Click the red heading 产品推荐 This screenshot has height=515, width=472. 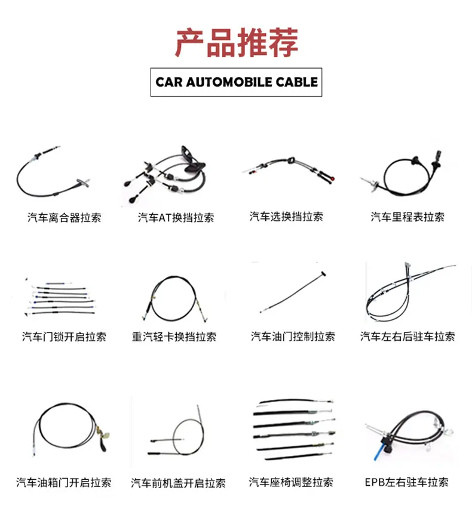click(236, 43)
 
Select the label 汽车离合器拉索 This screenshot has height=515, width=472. click(64, 217)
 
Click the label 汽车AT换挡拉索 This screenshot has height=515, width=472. click(176, 217)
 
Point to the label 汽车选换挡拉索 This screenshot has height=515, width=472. click(286, 217)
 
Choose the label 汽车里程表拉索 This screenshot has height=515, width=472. click(407, 217)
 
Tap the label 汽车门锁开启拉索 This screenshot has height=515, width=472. click(64, 337)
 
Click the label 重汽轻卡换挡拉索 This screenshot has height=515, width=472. click(174, 337)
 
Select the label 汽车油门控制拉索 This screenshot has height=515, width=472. click(293, 337)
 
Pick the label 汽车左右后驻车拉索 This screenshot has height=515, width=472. click(407, 337)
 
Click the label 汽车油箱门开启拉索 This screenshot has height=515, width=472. click(64, 483)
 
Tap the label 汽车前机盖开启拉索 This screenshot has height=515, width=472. click(178, 483)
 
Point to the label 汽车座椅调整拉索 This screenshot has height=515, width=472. click(291, 482)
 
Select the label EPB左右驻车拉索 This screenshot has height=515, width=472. click(407, 482)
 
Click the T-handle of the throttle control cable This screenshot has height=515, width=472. click(323, 273)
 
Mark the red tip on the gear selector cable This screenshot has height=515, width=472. click(333, 179)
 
